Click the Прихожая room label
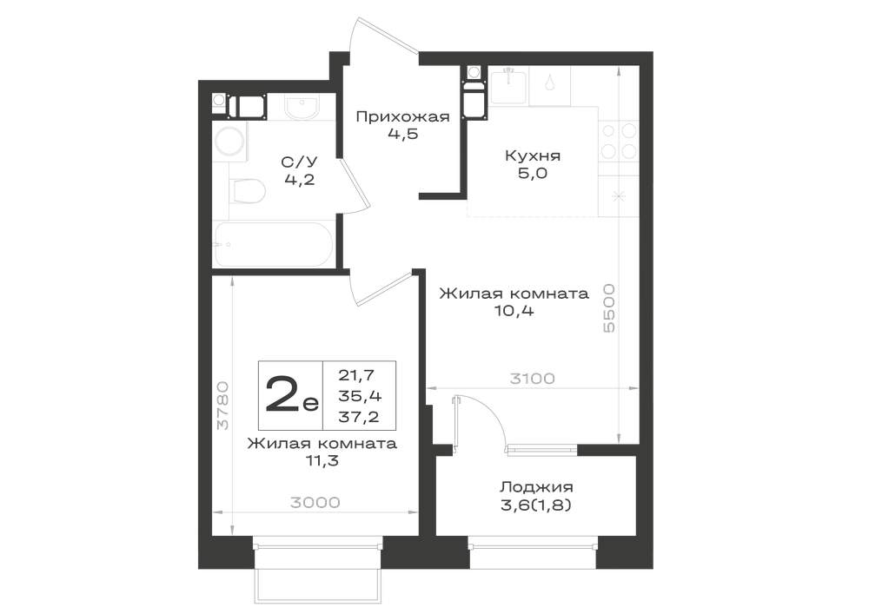click(x=402, y=117)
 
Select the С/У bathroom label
click(x=299, y=162)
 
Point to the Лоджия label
click(x=536, y=487)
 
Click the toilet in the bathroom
click(x=247, y=190)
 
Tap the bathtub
click(x=274, y=244)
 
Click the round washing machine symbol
click(x=230, y=141)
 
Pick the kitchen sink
click(x=509, y=85)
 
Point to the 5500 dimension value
click(x=609, y=307)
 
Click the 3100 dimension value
click(x=532, y=379)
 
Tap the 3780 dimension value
click(x=222, y=405)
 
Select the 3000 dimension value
click(x=315, y=502)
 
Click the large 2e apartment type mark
click(x=291, y=395)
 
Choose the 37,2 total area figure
click(x=359, y=416)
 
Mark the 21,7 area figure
click(x=357, y=375)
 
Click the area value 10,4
click(x=514, y=311)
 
